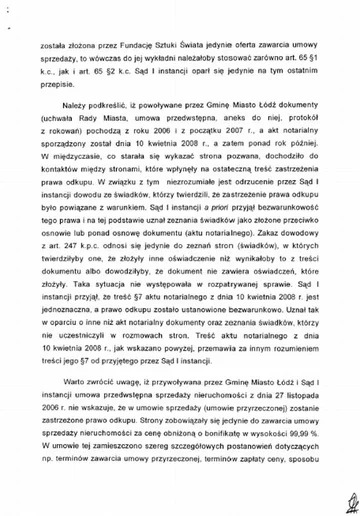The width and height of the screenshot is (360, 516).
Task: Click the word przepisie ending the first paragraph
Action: (57, 99)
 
